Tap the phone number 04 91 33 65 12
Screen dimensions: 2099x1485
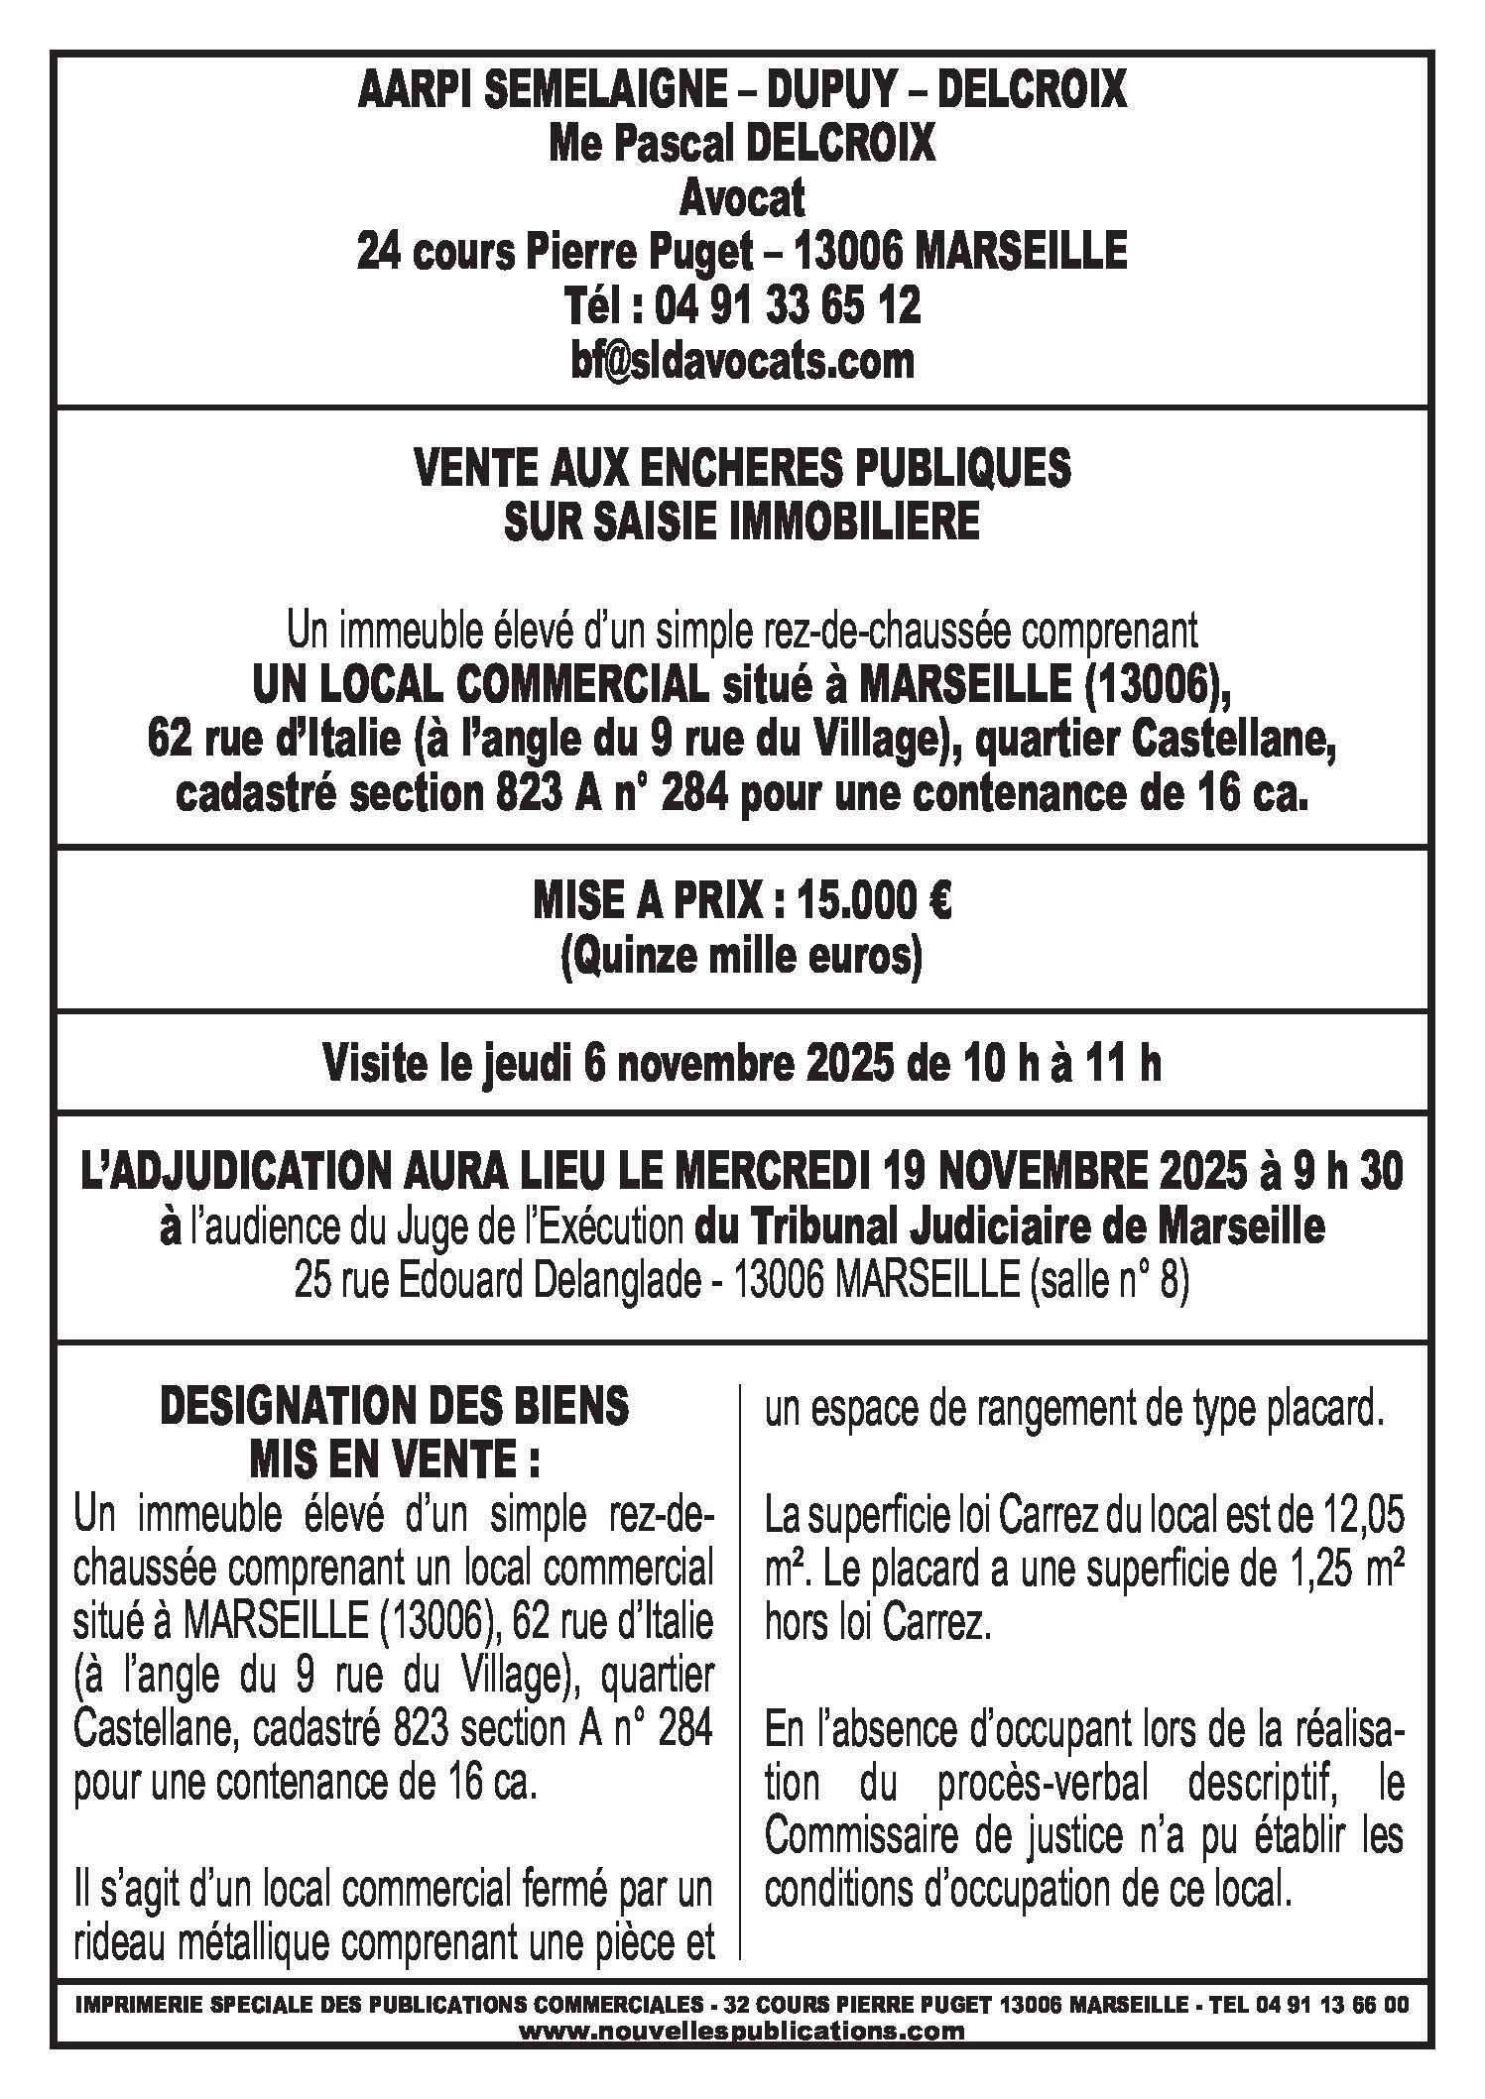[x=788, y=305]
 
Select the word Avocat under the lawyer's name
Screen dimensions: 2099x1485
[x=741, y=199]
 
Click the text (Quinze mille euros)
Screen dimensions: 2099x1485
[x=741, y=958]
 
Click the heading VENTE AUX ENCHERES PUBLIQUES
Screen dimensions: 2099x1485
[x=741, y=468]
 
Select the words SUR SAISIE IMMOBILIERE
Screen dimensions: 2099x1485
[x=741, y=523]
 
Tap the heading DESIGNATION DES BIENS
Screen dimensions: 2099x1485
[x=394, y=1406]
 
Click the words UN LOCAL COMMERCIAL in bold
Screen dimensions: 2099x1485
[x=480, y=684]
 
